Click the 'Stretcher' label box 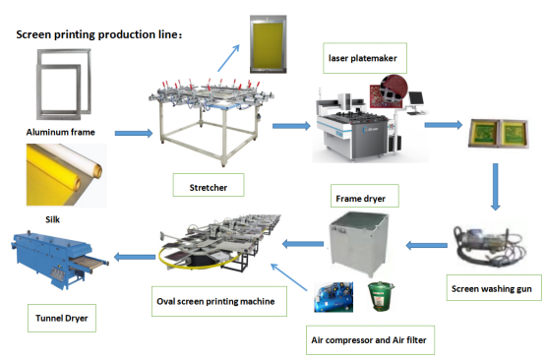click(203, 184)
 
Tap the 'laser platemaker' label click(364, 58)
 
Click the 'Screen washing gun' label click(491, 289)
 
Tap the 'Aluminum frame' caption click(59, 130)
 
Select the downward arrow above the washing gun click(496, 188)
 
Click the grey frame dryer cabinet click(360, 245)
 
